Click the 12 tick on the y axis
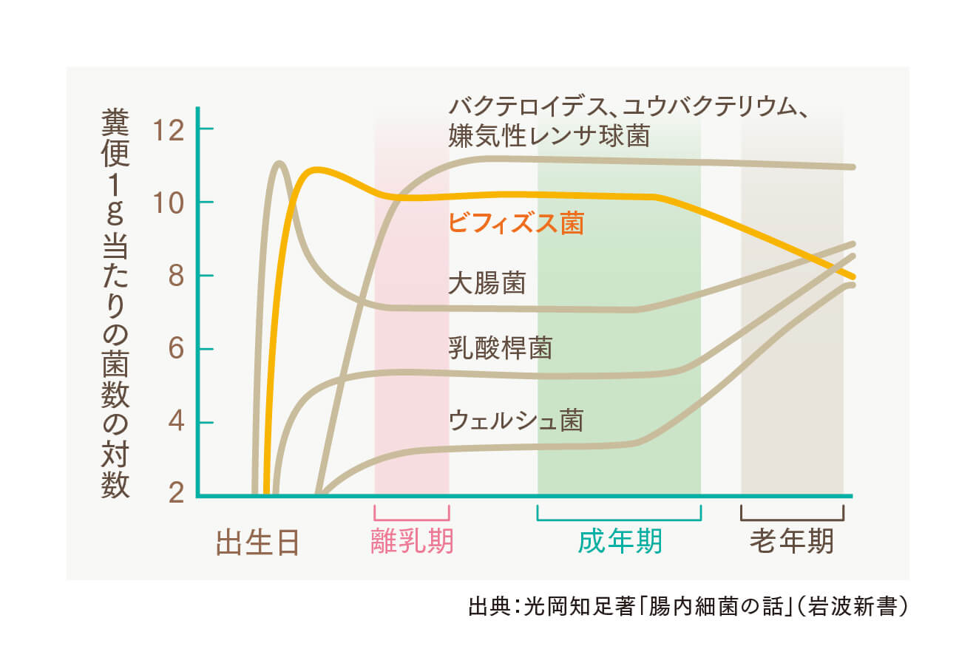tap(168, 131)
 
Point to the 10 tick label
tap(168, 203)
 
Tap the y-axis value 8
tap(175, 276)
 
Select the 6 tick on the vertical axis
tap(175, 349)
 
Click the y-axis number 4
tap(175, 422)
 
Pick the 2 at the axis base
tap(175, 492)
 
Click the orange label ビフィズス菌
tap(516, 222)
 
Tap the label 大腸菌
tap(487, 283)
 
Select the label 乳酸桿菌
tap(500, 347)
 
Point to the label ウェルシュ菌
tap(516, 420)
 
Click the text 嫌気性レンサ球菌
tap(549, 137)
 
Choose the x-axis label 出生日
tap(257, 542)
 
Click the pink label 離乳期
tap(412, 542)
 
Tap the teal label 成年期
tap(620, 542)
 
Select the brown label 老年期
tap(791, 542)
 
